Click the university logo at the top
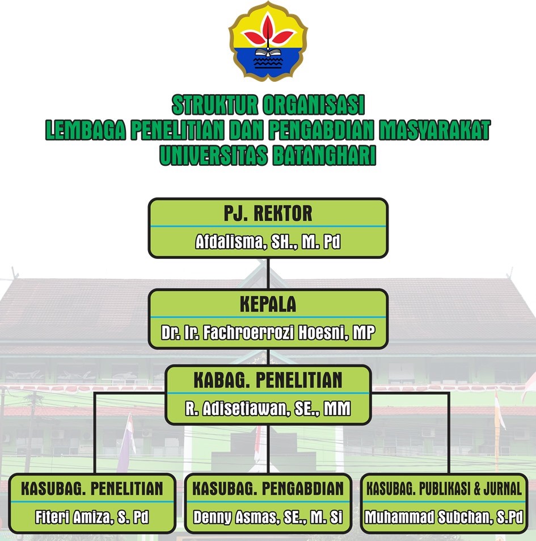(x=268, y=41)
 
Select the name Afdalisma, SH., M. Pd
(x=268, y=242)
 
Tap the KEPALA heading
(x=268, y=304)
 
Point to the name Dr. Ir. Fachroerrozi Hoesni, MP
(x=268, y=333)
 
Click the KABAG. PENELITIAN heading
(x=268, y=380)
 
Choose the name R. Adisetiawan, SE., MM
(x=268, y=408)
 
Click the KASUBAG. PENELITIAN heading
(x=92, y=488)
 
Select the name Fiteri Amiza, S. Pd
(x=92, y=517)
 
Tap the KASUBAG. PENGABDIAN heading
(x=268, y=488)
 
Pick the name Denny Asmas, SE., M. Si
(x=268, y=517)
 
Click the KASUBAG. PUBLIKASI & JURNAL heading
(x=444, y=488)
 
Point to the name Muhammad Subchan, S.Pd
(x=444, y=517)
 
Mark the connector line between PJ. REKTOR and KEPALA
(x=268, y=274)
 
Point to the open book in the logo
(x=268, y=54)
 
